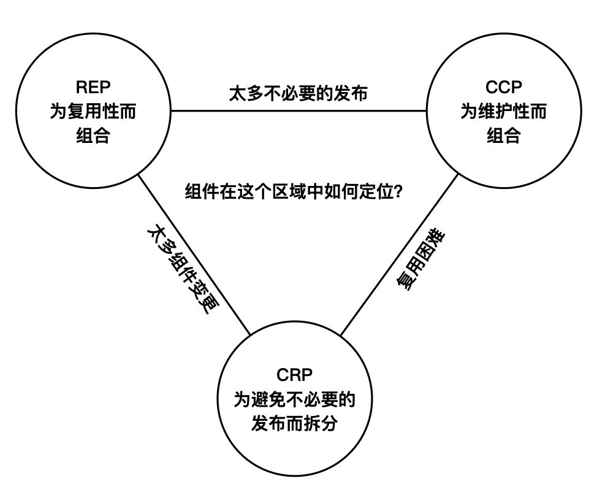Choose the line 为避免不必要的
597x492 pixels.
(x=295, y=399)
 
